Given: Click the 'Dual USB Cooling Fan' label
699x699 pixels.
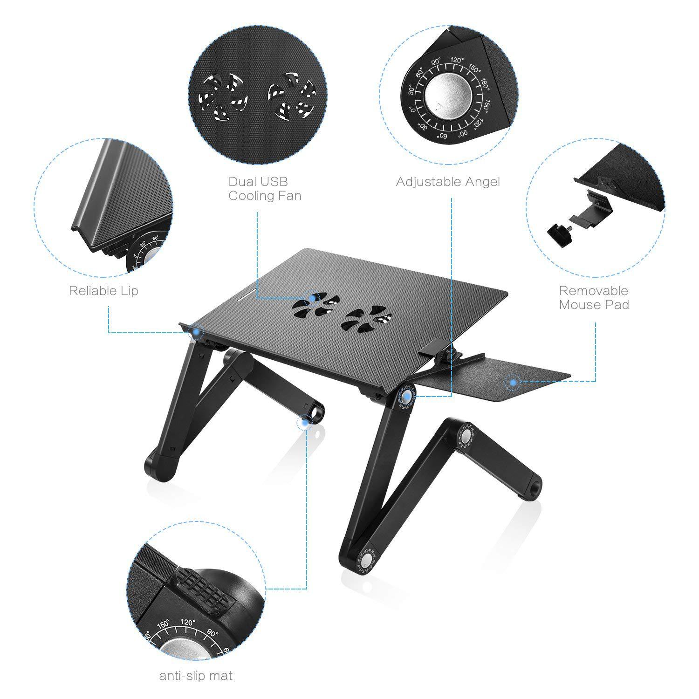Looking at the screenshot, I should [x=265, y=188].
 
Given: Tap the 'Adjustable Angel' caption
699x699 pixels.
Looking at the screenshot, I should [x=447, y=182].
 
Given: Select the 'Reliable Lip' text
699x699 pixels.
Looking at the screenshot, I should [x=103, y=291].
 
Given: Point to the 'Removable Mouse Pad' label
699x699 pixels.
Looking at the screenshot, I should [x=594, y=298].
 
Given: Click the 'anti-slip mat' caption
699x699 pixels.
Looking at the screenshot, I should [x=196, y=675].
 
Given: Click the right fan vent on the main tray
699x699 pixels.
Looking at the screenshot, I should [x=365, y=319].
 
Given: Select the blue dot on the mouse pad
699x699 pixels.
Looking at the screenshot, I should [x=513, y=382].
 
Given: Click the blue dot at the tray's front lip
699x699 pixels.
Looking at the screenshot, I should [x=198, y=331].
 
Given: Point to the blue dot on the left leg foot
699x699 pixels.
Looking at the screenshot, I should [x=305, y=423].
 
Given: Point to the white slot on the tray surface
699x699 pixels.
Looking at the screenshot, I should [x=244, y=295].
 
